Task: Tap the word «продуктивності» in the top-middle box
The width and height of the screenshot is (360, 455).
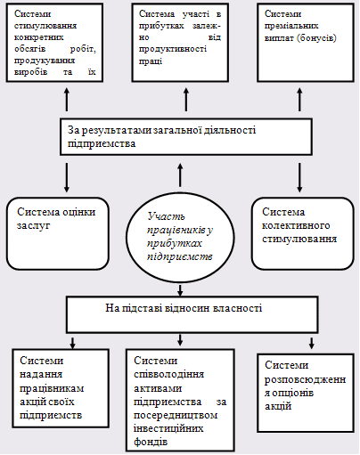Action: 173,49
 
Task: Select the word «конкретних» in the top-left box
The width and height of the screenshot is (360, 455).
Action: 39,37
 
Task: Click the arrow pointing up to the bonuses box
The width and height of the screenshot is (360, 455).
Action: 299,100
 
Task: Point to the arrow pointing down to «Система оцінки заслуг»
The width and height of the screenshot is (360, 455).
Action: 67,177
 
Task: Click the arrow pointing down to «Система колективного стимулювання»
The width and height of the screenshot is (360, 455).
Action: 299,177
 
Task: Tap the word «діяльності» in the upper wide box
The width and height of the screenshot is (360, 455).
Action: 230,130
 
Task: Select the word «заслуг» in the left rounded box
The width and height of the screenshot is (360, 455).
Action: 33,225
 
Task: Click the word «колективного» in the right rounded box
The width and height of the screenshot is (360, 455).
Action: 296,225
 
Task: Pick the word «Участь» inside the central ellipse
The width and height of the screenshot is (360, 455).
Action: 167,216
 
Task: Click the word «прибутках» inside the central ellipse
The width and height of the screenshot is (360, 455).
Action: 175,243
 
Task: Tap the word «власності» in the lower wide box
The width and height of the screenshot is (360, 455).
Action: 238,308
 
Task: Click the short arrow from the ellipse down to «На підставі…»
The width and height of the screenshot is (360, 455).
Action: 180,290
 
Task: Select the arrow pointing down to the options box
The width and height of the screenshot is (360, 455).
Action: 312,343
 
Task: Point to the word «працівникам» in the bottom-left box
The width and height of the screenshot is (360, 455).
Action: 52,388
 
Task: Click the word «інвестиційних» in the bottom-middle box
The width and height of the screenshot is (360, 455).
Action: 168,428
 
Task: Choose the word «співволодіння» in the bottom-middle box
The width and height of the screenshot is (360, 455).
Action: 169,375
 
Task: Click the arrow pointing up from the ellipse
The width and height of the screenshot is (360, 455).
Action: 180,175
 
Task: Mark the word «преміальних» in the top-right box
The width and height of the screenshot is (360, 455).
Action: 291,26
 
